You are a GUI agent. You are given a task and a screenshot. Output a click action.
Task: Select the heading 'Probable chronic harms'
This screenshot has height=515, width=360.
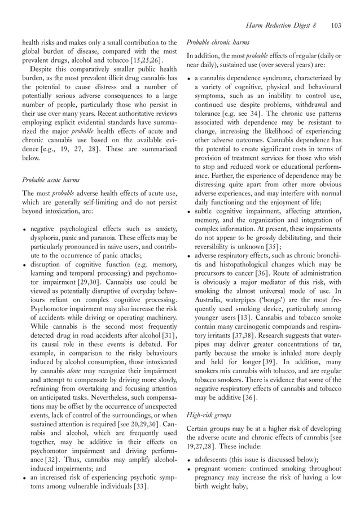click(x=217, y=42)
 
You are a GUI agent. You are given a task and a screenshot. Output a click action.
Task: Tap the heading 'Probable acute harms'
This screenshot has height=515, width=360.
click(x=51, y=180)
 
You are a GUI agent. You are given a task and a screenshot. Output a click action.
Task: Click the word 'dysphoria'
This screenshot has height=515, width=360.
click(x=47, y=238)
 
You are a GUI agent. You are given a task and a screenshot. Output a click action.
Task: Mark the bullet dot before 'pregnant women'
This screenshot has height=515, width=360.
click(x=188, y=469)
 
